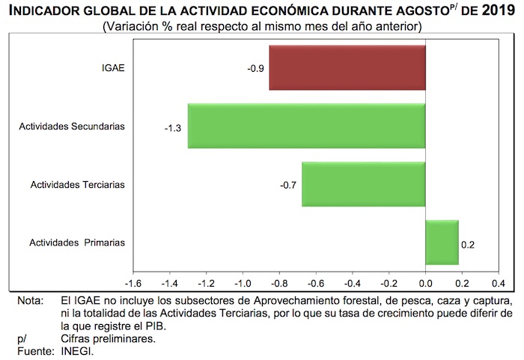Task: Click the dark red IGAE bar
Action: click(x=347, y=67)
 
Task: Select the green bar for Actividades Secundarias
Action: click(x=306, y=126)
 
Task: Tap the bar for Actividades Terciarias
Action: click(x=363, y=184)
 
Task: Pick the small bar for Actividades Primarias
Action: click(x=442, y=242)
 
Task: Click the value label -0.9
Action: click(x=255, y=68)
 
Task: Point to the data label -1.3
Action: click(x=173, y=126)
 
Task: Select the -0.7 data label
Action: click(x=287, y=185)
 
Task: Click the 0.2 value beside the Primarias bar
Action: click(x=468, y=244)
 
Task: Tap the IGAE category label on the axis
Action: click(x=113, y=68)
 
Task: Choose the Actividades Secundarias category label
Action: click(x=72, y=126)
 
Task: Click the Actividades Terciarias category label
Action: click(x=77, y=184)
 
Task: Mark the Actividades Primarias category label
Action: click(x=77, y=242)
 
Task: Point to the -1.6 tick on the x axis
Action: click(x=133, y=284)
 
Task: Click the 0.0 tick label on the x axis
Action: click(x=425, y=284)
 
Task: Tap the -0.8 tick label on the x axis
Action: click(x=279, y=284)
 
